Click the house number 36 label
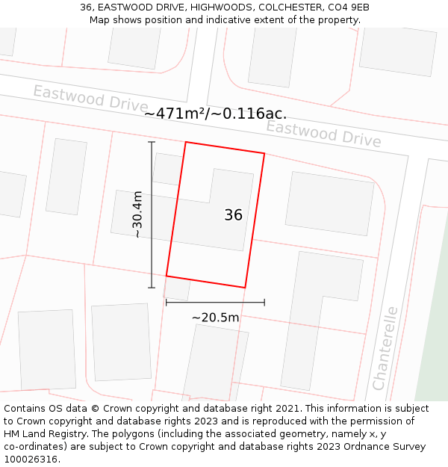pos(233,215)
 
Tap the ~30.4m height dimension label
pos(137,214)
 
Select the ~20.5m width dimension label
pos(215,318)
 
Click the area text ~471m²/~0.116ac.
pos(215,114)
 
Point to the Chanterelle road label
pos(385,348)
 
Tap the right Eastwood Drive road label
pos(323,134)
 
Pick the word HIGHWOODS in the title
pos(220,7)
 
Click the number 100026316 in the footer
pos(29,460)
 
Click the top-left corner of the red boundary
pos(185,142)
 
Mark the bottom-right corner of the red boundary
pos(245,288)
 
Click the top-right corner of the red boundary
pos(264,153)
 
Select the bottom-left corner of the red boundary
pos(166,276)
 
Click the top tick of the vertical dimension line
pos(152,142)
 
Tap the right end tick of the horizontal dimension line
pos(264,303)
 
